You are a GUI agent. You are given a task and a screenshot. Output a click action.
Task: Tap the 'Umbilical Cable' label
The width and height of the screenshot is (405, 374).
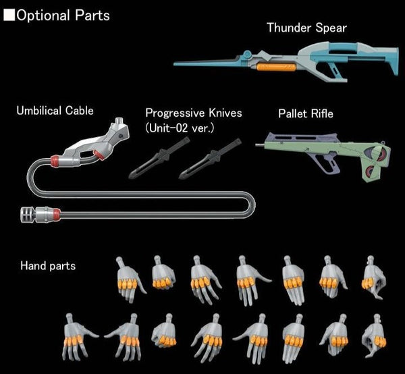pyautogui.click(x=55, y=111)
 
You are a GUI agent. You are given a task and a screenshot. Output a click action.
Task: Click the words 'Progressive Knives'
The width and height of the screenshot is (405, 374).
pyautogui.click(x=193, y=112)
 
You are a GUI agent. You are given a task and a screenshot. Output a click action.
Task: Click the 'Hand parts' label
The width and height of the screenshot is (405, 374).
pyautogui.click(x=47, y=266)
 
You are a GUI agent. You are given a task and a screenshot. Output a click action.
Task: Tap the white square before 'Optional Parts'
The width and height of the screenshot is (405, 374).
pyautogui.click(x=9, y=15)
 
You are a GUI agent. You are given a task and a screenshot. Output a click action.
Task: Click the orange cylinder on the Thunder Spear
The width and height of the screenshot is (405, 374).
pyautogui.click(x=274, y=67)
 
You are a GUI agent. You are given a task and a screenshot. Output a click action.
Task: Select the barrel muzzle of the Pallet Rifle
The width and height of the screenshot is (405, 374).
pyautogui.click(x=261, y=143)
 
